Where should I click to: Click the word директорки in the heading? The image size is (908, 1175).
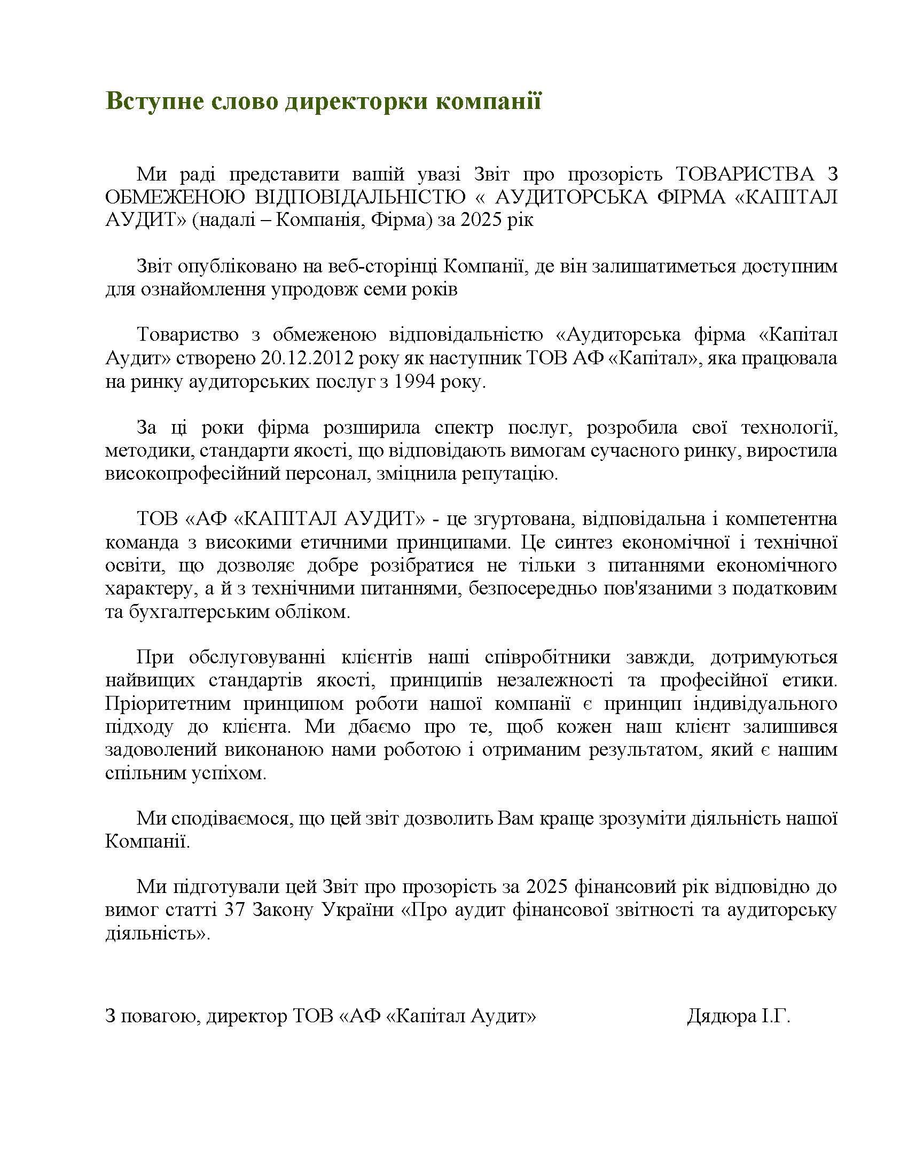pos(356,101)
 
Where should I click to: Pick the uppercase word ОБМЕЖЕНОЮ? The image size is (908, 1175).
pos(175,198)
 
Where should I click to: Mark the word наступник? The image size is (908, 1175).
pos(472,358)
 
